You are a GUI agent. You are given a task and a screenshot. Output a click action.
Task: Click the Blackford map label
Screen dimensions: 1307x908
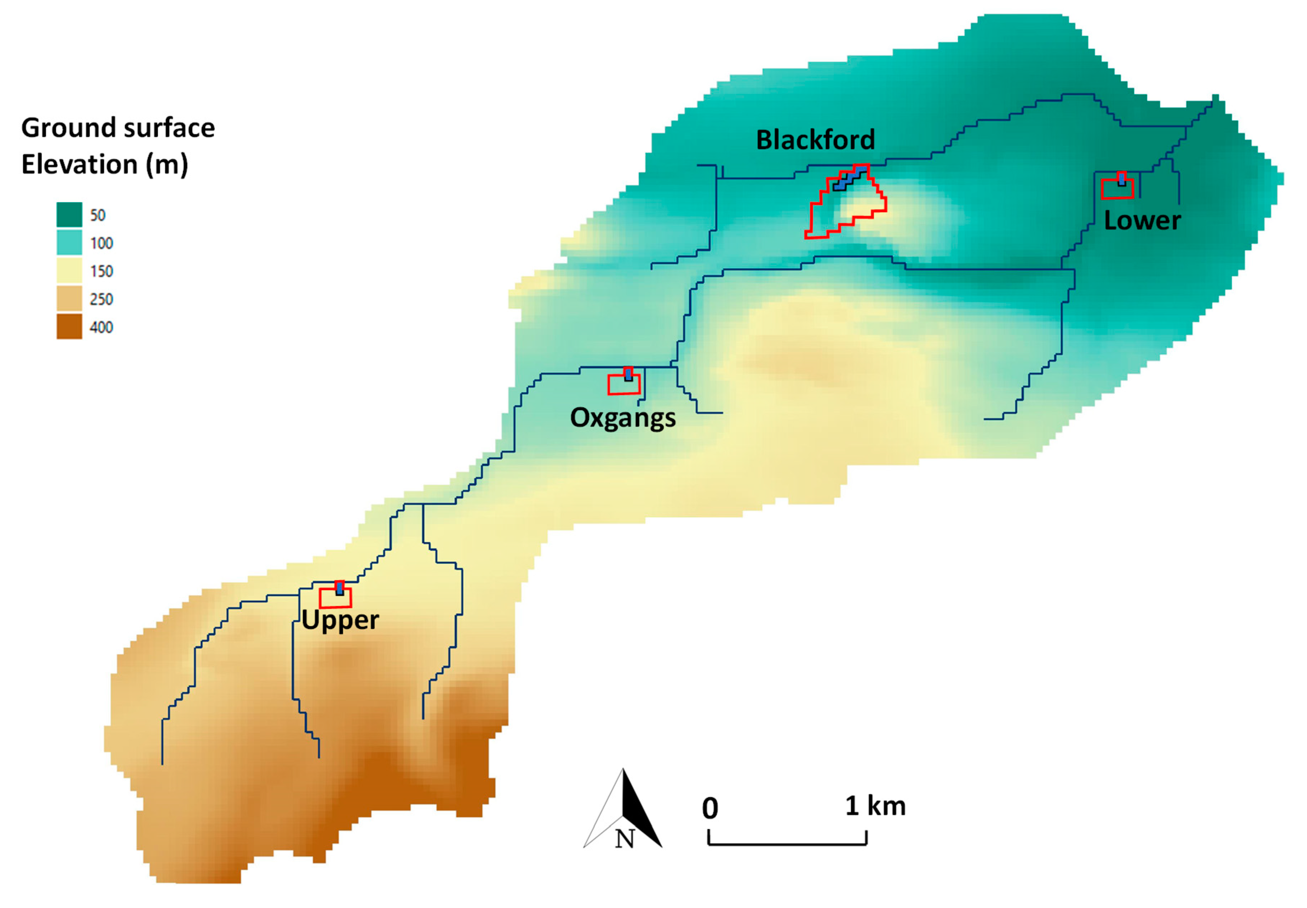(815, 140)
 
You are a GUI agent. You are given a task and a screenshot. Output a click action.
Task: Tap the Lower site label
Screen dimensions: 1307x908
(1142, 221)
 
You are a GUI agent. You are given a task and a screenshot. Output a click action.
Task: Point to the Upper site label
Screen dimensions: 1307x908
(340, 620)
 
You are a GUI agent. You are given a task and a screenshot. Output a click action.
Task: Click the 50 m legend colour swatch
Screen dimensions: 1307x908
(69, 215)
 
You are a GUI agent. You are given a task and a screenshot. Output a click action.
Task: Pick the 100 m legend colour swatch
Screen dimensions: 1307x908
(69, 243)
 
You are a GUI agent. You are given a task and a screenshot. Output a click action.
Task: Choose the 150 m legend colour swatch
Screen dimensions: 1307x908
(69, 271)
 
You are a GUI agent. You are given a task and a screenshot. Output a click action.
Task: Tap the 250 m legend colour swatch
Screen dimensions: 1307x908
(69, 299)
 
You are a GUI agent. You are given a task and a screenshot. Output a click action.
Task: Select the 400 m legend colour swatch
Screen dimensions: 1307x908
(69, 326)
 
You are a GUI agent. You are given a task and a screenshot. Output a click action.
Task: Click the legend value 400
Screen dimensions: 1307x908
(101, 327)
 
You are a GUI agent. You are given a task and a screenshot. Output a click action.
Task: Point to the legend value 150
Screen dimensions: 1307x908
(101, 271)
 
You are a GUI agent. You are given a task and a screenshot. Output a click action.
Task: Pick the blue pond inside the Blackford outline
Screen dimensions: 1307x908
(848, 178)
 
